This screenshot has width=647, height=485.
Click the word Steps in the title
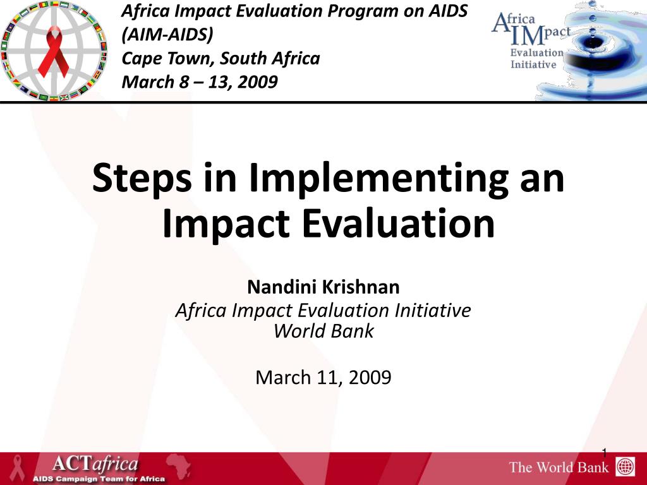point(142,178)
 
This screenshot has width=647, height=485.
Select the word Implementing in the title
point(378,179)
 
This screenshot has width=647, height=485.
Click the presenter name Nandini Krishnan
point(323,287)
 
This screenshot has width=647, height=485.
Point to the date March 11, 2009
point(323,378)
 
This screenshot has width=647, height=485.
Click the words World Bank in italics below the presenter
point(323,331)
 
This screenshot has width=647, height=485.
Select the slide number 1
point(605,453)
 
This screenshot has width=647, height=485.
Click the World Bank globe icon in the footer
point(625,467)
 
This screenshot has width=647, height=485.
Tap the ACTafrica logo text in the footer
point(95,464)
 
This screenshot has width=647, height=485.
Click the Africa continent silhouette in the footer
point(179,467)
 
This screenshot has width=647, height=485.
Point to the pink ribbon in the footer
point(17,468)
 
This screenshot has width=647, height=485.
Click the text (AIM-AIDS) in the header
point(167,34)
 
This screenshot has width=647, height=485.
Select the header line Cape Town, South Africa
point(221,58)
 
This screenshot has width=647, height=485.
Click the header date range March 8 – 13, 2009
point(200,81)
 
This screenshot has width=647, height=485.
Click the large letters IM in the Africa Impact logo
point(528,36)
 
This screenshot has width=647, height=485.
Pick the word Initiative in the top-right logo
point(533,65)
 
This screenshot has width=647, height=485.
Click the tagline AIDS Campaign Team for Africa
point(99,479)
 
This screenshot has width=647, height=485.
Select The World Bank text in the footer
point(559,467)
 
